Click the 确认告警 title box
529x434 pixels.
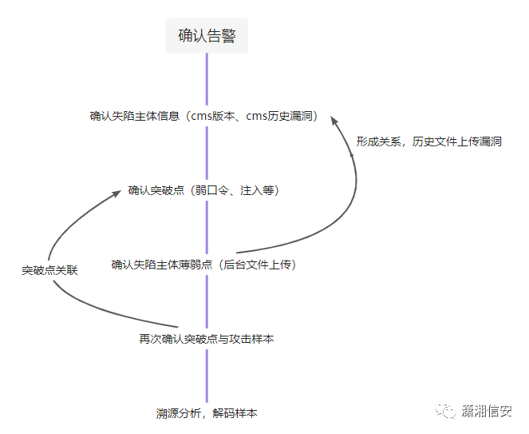click(207, 37)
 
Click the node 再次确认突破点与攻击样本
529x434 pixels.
click(207, 339)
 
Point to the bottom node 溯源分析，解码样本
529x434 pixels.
click(207, 413)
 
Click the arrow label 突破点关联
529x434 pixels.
click(49, 271)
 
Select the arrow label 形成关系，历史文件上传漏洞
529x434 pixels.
click(429, 141)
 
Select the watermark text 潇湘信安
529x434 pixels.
click(487, 411)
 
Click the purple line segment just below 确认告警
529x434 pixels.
click(207, 76)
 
